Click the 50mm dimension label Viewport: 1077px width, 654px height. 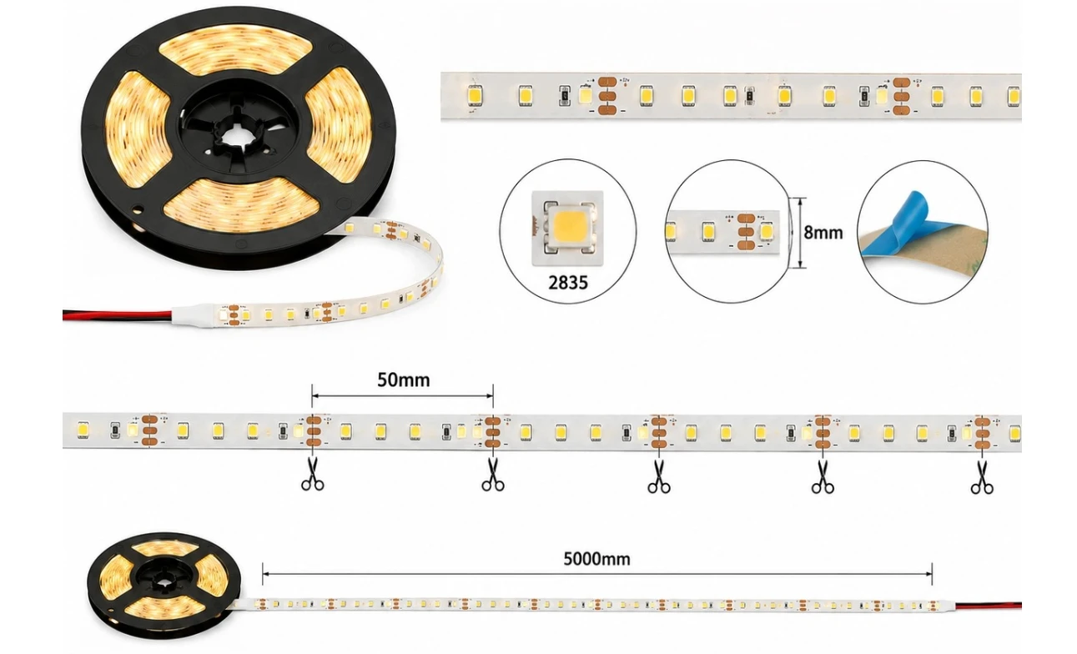[404, 380]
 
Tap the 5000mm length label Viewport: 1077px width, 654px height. [596, 559]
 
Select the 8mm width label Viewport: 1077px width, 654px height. [823, 233]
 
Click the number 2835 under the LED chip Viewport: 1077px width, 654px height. [568, 283]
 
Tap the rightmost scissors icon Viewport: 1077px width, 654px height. [982, 477]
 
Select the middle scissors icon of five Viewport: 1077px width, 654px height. [659, 476]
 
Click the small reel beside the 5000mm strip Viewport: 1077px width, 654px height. [164, 584]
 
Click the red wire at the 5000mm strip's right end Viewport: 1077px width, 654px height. [988, 605]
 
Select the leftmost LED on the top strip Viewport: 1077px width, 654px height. [475, 95]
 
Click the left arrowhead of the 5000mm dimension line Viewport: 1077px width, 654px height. [265, 574]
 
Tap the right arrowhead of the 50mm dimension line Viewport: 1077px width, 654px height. [490, 396]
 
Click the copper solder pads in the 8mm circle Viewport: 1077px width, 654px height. [745, 232]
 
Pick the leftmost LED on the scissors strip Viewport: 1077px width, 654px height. [83, 430]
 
